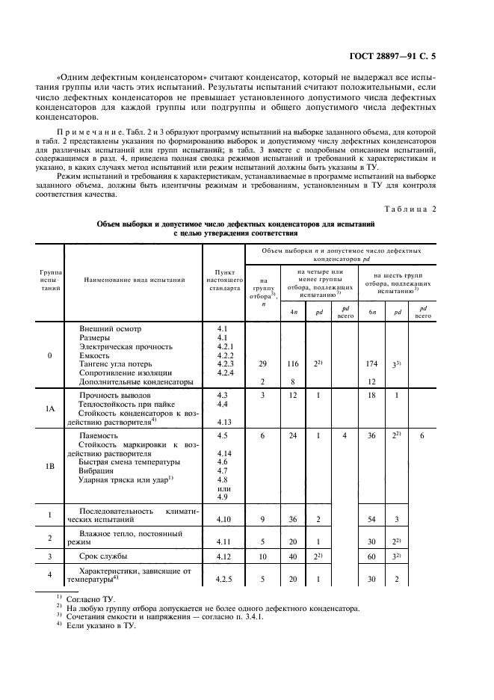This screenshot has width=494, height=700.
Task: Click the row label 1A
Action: (x=50, y=409)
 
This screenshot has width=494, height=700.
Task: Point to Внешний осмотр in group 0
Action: (x=110, y=328)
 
